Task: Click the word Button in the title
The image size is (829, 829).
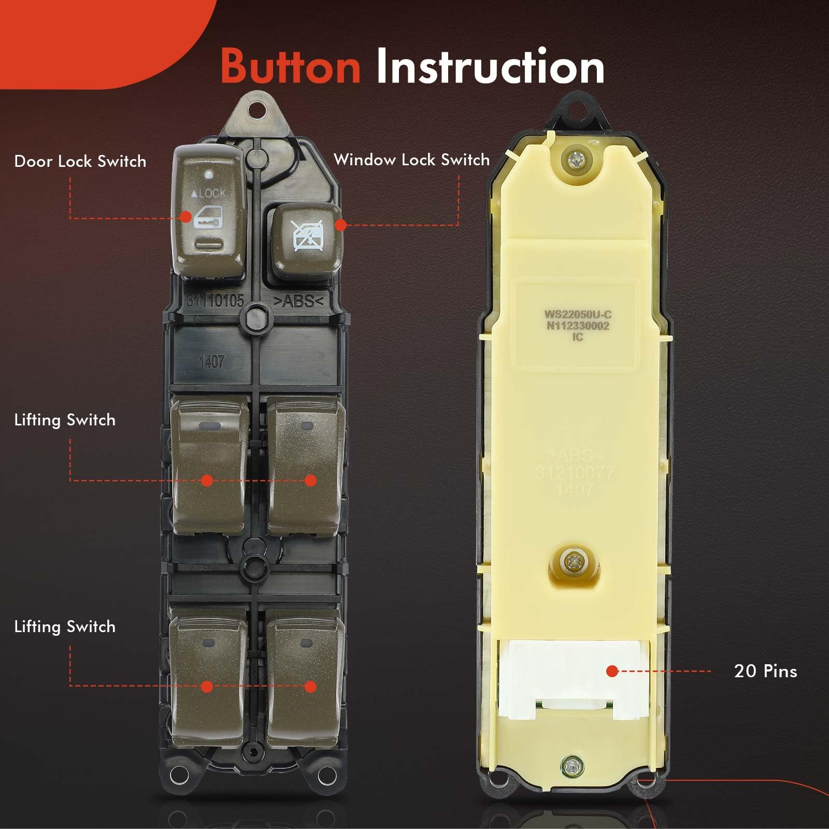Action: point(291,66)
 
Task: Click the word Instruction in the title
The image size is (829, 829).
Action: point(490,66)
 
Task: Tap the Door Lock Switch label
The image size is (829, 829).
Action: point(80,161)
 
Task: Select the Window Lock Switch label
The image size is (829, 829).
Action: point(411,160)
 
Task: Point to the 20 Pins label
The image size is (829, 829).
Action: point(765,671)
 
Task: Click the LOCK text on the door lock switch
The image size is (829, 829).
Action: point(209,193)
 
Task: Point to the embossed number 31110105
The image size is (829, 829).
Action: point(215,300)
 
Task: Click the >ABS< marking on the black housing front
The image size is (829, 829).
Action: point(298,301)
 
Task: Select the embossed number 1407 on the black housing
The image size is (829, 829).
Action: point(212,361)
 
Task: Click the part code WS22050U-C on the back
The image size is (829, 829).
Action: point(578,314)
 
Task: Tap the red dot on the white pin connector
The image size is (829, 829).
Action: point(612,671)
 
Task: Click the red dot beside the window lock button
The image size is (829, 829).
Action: point(340,224)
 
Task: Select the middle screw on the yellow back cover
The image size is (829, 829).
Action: point(573,561)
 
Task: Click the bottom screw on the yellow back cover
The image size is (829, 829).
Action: point(570,765)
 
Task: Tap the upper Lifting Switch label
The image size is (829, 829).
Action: point(65,420)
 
